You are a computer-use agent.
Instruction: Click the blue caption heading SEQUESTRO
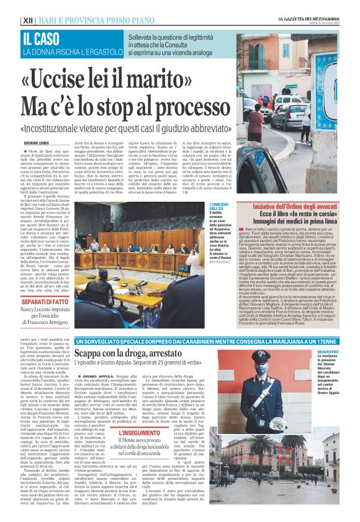pos(345,352)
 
